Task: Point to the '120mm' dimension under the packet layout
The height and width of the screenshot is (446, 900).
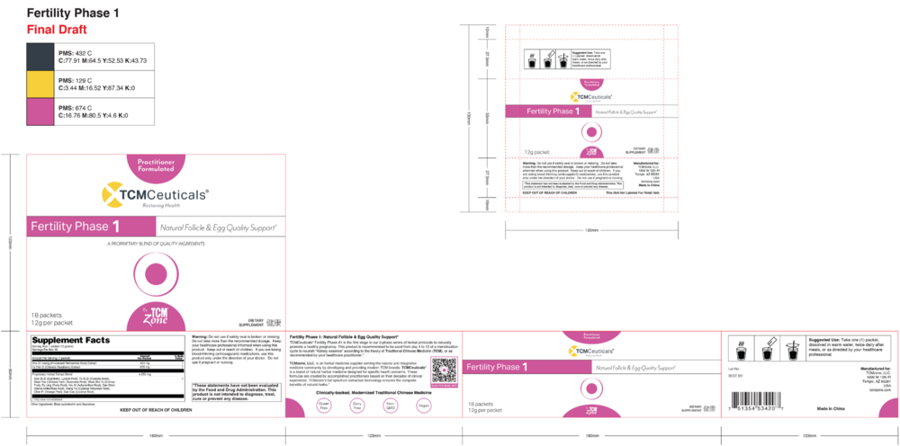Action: coord(591,230)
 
